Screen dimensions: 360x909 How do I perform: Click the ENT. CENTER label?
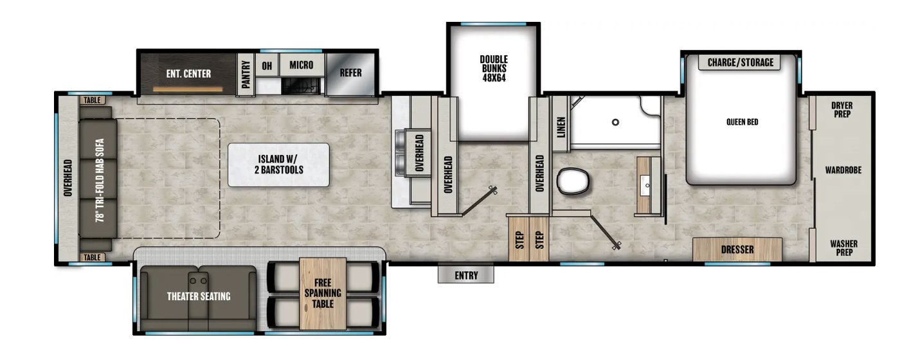tap(188, 74)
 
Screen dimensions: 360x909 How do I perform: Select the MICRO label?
tap(301, 65)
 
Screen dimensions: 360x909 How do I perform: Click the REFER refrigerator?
tap(350, 73)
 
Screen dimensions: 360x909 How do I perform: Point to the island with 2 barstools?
tap(278, 165)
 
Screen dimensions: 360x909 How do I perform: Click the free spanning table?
tap(323, 293)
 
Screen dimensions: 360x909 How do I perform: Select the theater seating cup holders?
tap(199, 281)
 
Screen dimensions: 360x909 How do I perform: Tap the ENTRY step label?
tap(466, 275)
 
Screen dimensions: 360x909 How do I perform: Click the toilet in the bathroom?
tap(573, 181)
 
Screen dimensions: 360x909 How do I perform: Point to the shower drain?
tap(615, 122)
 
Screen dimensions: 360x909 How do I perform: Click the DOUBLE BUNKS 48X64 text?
tap(493, 69)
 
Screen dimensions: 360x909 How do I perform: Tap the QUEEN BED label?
tap(742, 122)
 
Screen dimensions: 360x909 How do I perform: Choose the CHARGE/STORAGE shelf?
tap(741, 62)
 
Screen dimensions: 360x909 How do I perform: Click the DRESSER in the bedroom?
tap(737, 249)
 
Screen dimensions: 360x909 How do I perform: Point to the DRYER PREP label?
tap(842, 110)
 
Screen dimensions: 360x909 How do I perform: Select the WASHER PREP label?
tap(843, 248)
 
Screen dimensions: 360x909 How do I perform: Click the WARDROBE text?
tap(843, 170)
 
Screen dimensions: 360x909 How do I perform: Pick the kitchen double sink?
tap(402, 152)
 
